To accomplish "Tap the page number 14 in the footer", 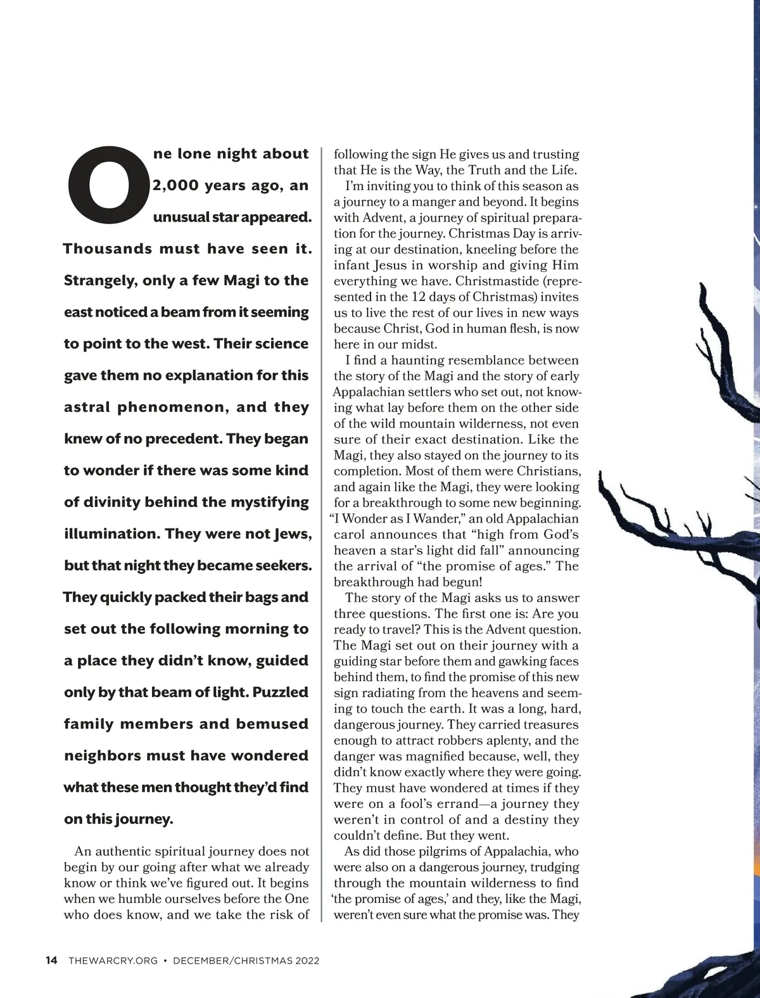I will (52, 961).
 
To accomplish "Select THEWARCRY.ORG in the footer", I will (112, 961).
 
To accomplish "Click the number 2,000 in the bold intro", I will (173, 186).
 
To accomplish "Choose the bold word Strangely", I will (99, 280).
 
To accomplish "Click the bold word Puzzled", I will (281, 692).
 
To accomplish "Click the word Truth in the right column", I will (490, 170).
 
